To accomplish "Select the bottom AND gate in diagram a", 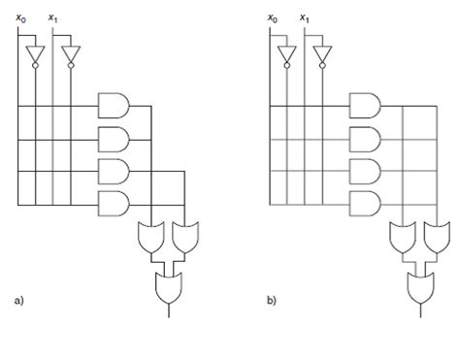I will pos(114,205).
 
